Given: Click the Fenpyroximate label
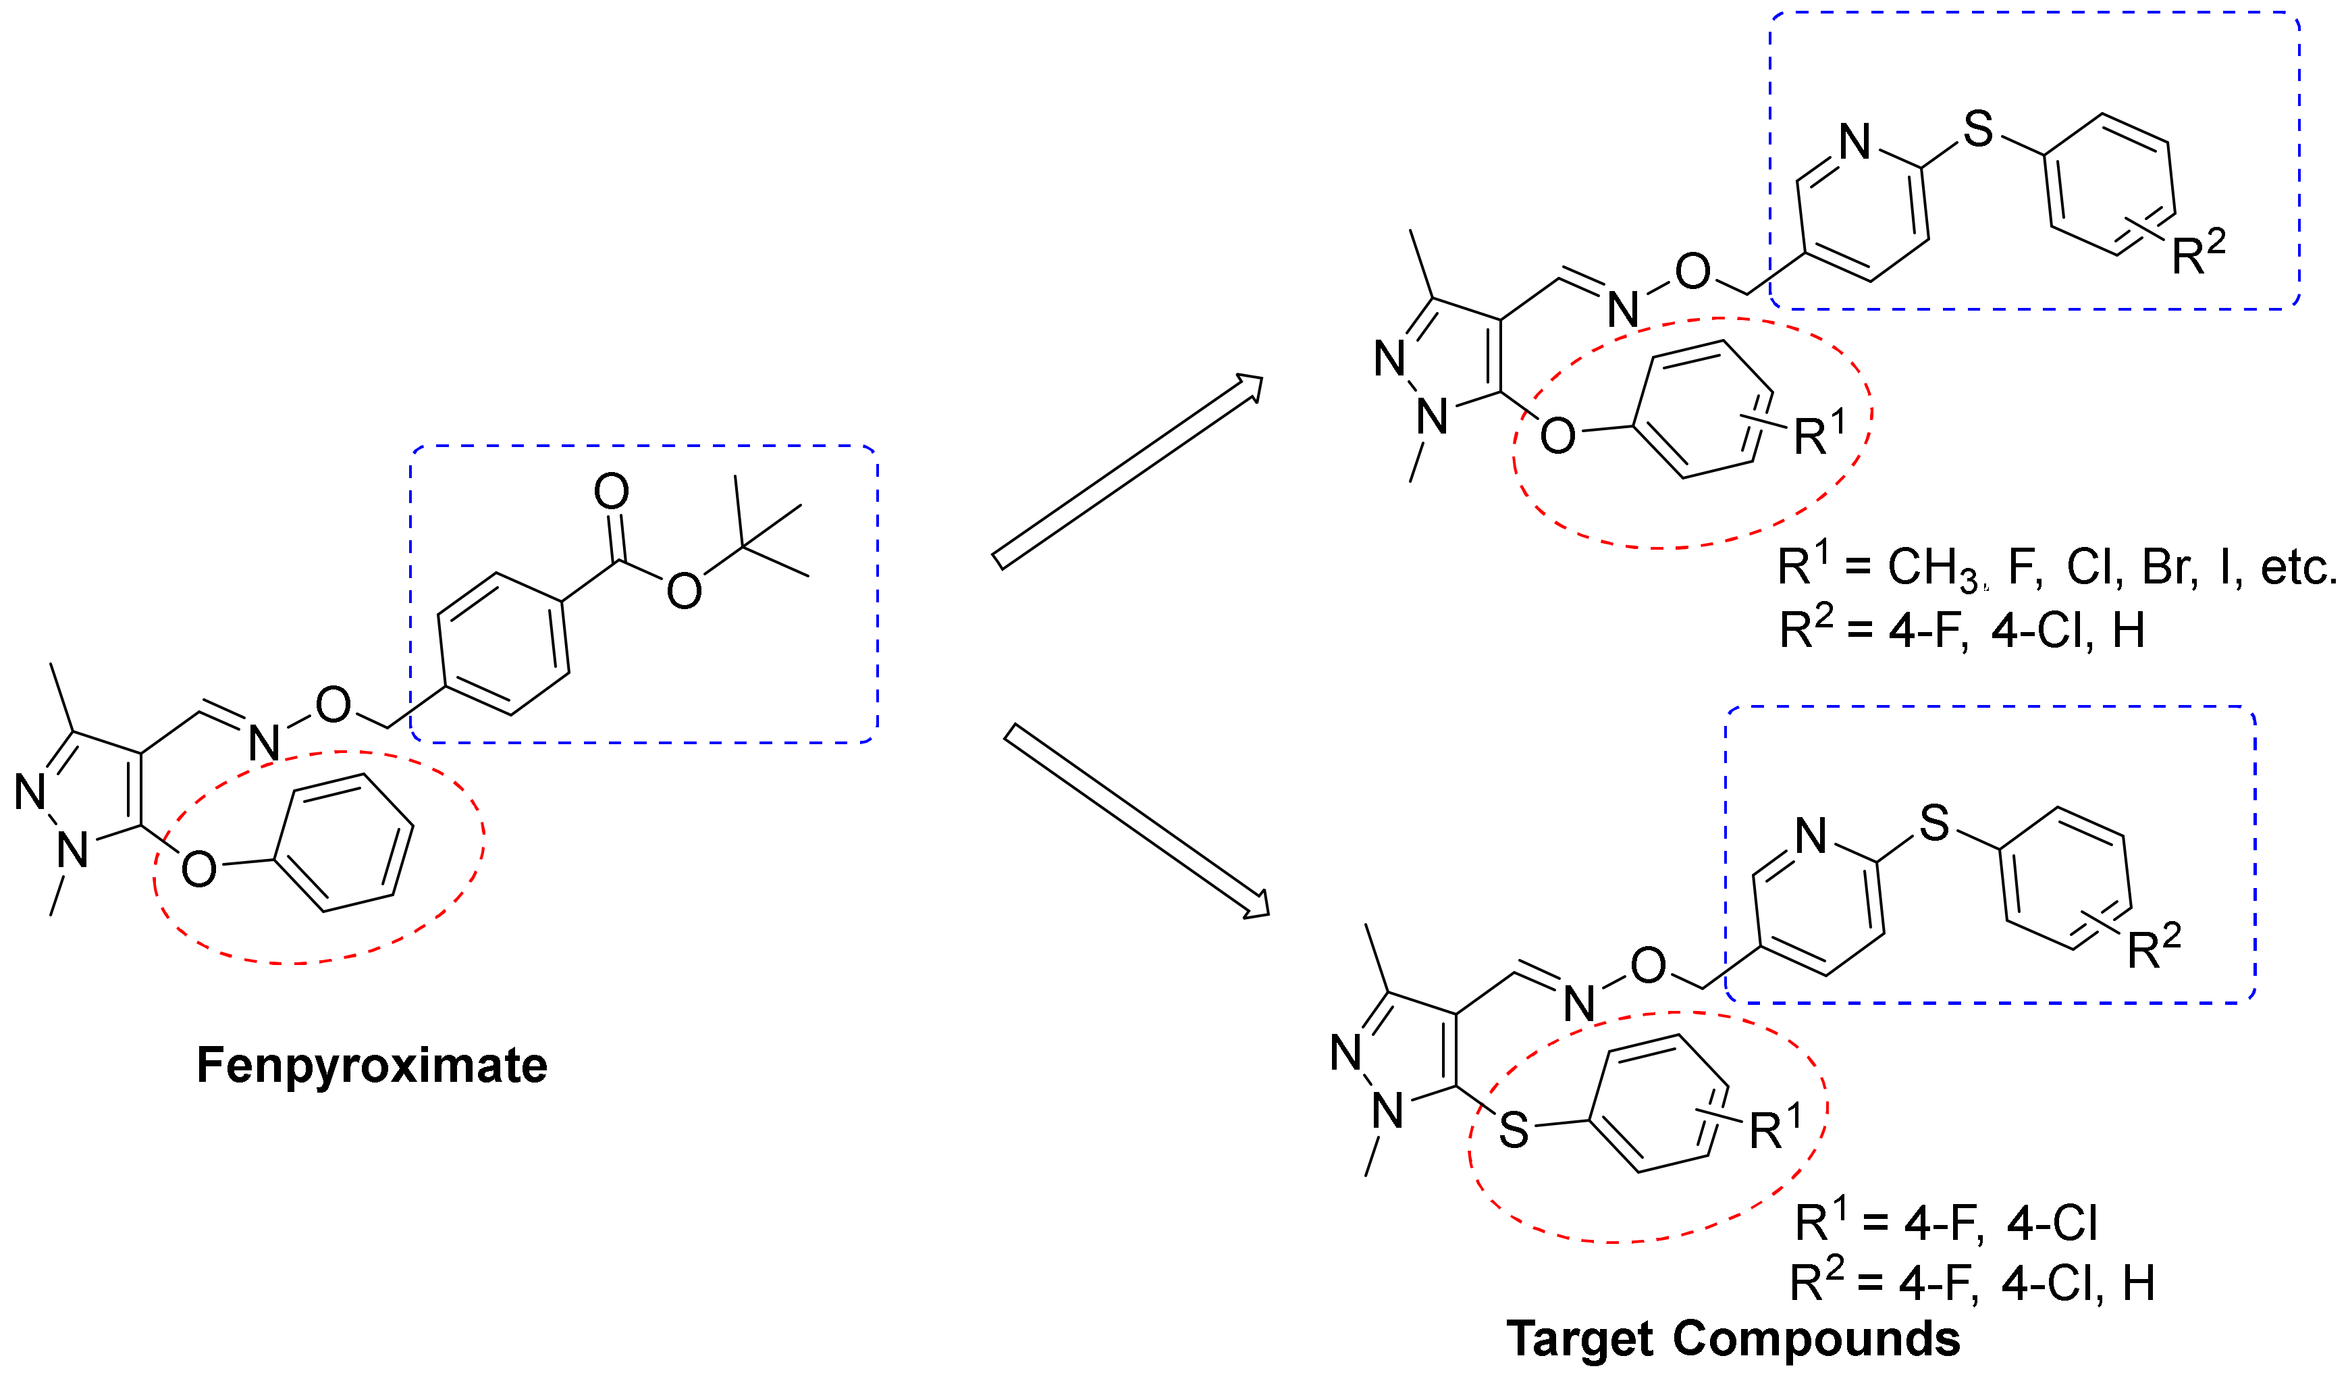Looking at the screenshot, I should click(372, 1065).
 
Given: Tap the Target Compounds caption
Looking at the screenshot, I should click(1733, 1339).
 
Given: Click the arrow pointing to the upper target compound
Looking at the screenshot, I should click(1127, 471).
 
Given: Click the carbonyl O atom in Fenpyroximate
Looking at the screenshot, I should click(611, 491).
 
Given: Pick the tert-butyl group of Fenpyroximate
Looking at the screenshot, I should click(755, 540).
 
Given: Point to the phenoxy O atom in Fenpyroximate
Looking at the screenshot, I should click(198, 869).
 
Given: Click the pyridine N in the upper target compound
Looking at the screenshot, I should click(1855, 142).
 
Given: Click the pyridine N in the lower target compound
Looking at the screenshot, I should click(1811, 836).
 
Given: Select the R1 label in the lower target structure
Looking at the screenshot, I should click(1775, 1128).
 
